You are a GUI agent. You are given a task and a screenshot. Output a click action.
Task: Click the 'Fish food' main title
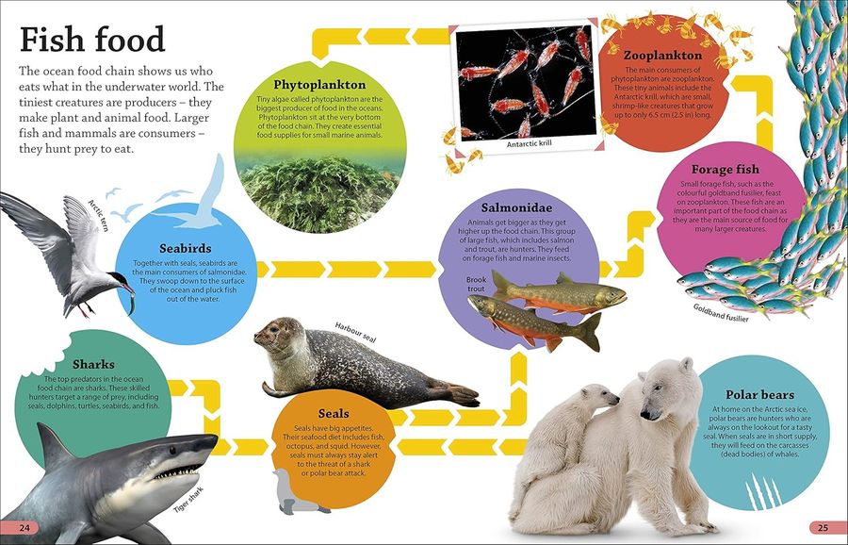tap(92, 40)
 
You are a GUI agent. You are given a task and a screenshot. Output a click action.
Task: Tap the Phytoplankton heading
tap(319, 85)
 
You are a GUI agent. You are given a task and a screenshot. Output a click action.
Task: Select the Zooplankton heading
tap(662, 56)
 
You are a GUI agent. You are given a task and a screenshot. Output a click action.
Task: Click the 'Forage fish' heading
tap(725, 170)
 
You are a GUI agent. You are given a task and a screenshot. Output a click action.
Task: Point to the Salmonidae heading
tap(516, 207)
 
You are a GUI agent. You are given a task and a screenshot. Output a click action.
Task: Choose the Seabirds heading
tap(185, 248)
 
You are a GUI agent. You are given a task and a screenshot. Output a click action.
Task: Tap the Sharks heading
tap(93, 364)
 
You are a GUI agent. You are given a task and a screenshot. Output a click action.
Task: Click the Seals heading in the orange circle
tap(334, 414)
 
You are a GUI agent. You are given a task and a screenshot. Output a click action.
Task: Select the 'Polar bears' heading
tap(759, 394)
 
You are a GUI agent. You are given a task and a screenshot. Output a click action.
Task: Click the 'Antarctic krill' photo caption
tap(529, 144)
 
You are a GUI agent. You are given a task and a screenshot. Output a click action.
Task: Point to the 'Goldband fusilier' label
tap(721, 313)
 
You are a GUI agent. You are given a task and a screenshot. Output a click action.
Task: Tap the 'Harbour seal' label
tap(355, 332)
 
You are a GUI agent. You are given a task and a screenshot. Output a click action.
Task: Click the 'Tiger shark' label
tap(188, 500)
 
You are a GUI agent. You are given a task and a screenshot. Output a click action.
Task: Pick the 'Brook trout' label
tap(476, 284)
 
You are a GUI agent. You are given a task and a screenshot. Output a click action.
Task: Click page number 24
tap(24, 528)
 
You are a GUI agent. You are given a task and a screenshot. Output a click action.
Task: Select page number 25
tap(823, 528)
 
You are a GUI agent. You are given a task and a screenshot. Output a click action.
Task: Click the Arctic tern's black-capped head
tap(118, 279)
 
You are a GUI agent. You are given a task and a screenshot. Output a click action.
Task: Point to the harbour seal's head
tap(276, 335)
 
